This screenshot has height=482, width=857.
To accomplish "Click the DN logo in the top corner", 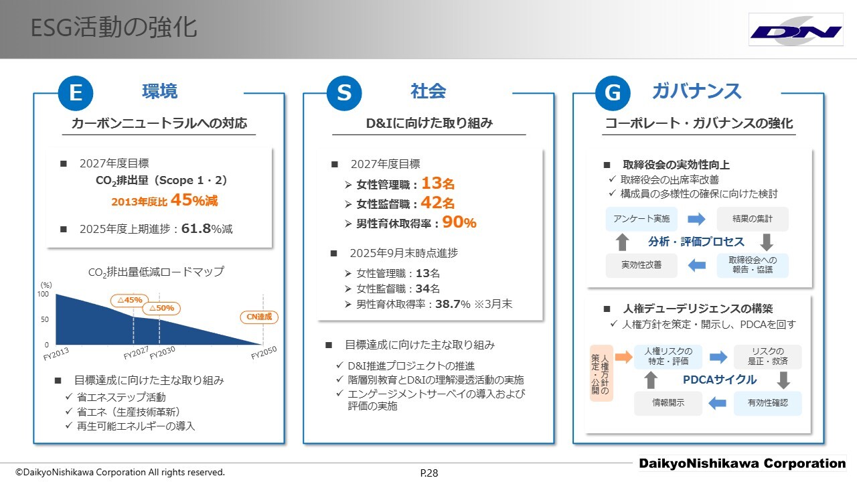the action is pos(796,30).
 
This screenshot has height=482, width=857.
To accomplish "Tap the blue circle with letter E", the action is pos(76,93).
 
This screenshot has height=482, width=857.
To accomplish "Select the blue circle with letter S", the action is pos(344,93).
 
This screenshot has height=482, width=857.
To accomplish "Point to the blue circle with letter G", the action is pos(613,93).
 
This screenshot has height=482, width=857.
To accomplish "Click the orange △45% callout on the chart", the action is pos(130,301).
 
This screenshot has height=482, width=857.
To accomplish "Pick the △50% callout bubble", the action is pos(161,309).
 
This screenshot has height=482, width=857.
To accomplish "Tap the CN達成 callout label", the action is pos(259,317).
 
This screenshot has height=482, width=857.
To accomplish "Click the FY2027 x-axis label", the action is pos(136,353).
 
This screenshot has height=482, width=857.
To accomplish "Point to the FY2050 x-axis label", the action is pos(264,352).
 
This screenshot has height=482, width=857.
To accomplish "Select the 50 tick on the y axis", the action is pos(45,319).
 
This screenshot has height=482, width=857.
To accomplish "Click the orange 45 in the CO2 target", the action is pos(181,199).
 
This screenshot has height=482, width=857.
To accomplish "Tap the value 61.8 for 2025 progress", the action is pos(196,228).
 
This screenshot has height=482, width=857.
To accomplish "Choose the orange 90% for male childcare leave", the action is pos(459,222).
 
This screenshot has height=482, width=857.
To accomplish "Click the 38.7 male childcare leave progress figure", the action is pos(448,304).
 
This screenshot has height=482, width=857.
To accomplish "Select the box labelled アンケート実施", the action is pos(641,219).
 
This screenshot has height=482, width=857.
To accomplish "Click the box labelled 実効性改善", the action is pos(641,265).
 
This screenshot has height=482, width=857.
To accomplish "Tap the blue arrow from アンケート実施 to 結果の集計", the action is pos(696,219).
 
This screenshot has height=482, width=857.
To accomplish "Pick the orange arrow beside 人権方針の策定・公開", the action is pos(623,357).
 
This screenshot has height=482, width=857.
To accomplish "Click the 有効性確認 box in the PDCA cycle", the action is pos(767,403).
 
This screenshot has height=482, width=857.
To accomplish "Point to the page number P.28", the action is pos(429,473).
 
